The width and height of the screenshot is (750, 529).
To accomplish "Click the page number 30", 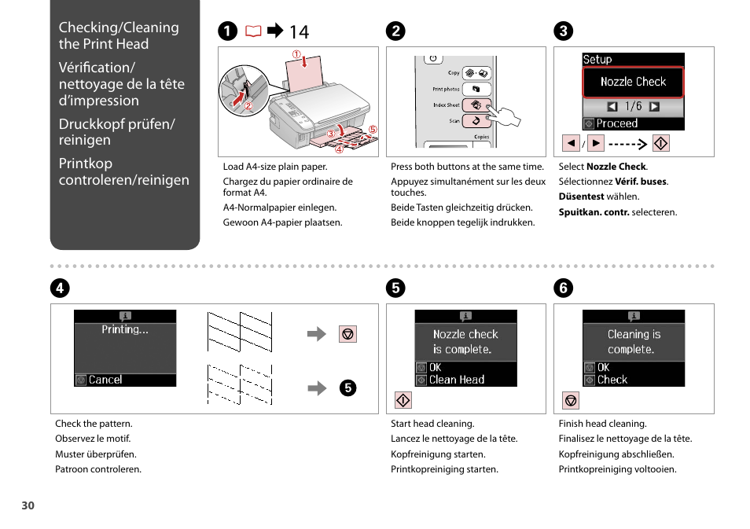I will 28,505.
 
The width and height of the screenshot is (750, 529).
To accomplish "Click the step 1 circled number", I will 227,31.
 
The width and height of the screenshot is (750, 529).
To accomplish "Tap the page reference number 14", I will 299,32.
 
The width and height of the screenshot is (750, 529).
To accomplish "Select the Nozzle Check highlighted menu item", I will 633,82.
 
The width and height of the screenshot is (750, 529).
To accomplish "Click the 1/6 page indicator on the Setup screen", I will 633,106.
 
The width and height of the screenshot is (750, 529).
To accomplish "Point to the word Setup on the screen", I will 597,60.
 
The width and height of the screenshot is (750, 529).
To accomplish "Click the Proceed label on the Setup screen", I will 616,123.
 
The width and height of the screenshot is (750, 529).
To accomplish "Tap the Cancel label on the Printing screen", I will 105,380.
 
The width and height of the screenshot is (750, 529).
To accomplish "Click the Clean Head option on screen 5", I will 456,380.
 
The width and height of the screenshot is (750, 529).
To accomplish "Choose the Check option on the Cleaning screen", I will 612,380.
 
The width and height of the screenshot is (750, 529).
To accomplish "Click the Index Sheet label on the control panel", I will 446,105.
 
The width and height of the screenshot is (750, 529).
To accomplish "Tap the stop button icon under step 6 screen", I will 572,401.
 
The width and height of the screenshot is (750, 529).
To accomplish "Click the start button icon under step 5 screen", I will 403,401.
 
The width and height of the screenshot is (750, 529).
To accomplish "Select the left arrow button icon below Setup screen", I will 571,143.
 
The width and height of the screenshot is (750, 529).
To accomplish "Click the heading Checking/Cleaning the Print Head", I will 119,35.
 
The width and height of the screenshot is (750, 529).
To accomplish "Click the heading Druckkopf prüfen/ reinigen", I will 116,132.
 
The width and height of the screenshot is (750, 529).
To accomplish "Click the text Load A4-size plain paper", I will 275,167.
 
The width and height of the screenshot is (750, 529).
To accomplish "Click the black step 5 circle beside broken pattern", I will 348,387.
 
